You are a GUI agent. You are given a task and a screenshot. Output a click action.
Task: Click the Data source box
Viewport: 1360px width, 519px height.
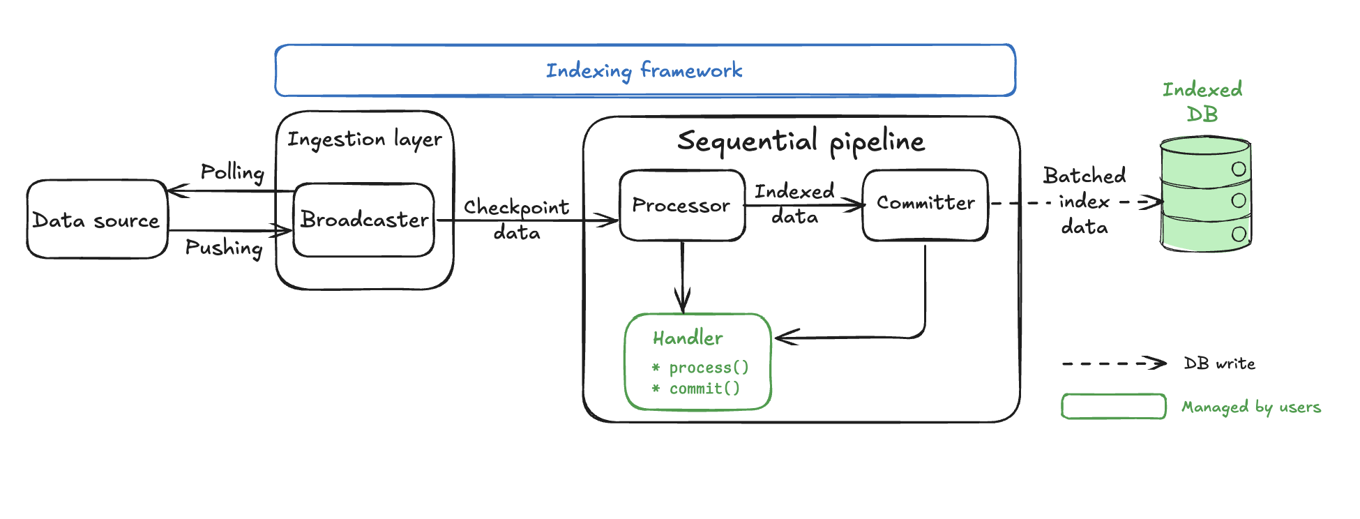click(97, 220)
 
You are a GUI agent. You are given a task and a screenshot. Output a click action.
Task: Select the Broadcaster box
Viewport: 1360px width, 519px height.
click(364, 220)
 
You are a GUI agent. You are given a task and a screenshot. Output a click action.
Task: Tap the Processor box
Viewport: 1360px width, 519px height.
click(681, 205)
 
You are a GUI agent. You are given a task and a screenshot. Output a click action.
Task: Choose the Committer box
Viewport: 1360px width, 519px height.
click(925, 203)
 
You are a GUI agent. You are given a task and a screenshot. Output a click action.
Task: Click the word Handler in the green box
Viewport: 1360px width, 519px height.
click(688, 338)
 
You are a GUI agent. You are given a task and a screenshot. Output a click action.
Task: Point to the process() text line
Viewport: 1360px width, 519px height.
click(702, 368)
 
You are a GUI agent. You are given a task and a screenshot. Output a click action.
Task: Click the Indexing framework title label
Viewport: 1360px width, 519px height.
click(644, 70)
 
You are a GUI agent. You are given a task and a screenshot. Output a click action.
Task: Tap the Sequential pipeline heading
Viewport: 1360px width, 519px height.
click(801, 142)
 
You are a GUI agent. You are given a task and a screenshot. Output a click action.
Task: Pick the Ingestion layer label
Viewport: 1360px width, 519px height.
click(365, 140)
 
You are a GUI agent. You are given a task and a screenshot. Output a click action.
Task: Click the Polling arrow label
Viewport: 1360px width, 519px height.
click(232, 172)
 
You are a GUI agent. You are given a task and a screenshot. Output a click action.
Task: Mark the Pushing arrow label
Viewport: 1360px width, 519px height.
click(224, 248)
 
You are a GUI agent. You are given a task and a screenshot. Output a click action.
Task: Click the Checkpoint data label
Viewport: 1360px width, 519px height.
click(517, 219)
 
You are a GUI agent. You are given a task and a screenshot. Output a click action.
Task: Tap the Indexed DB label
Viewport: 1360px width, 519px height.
click(1202, 102)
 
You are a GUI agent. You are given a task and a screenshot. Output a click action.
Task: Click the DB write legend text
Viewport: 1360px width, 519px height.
click(1220, 363)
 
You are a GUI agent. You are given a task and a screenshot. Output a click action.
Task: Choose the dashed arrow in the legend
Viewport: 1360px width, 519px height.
click(1113, 363)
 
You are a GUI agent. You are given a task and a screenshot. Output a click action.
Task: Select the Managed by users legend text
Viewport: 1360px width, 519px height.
click(1251, 407)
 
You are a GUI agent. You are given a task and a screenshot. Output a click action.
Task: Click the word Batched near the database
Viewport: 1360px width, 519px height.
click(1085, 176)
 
